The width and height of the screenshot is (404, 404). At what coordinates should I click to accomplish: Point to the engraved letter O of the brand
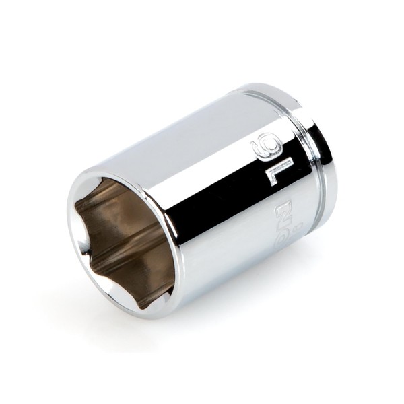[x=282, y=237]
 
